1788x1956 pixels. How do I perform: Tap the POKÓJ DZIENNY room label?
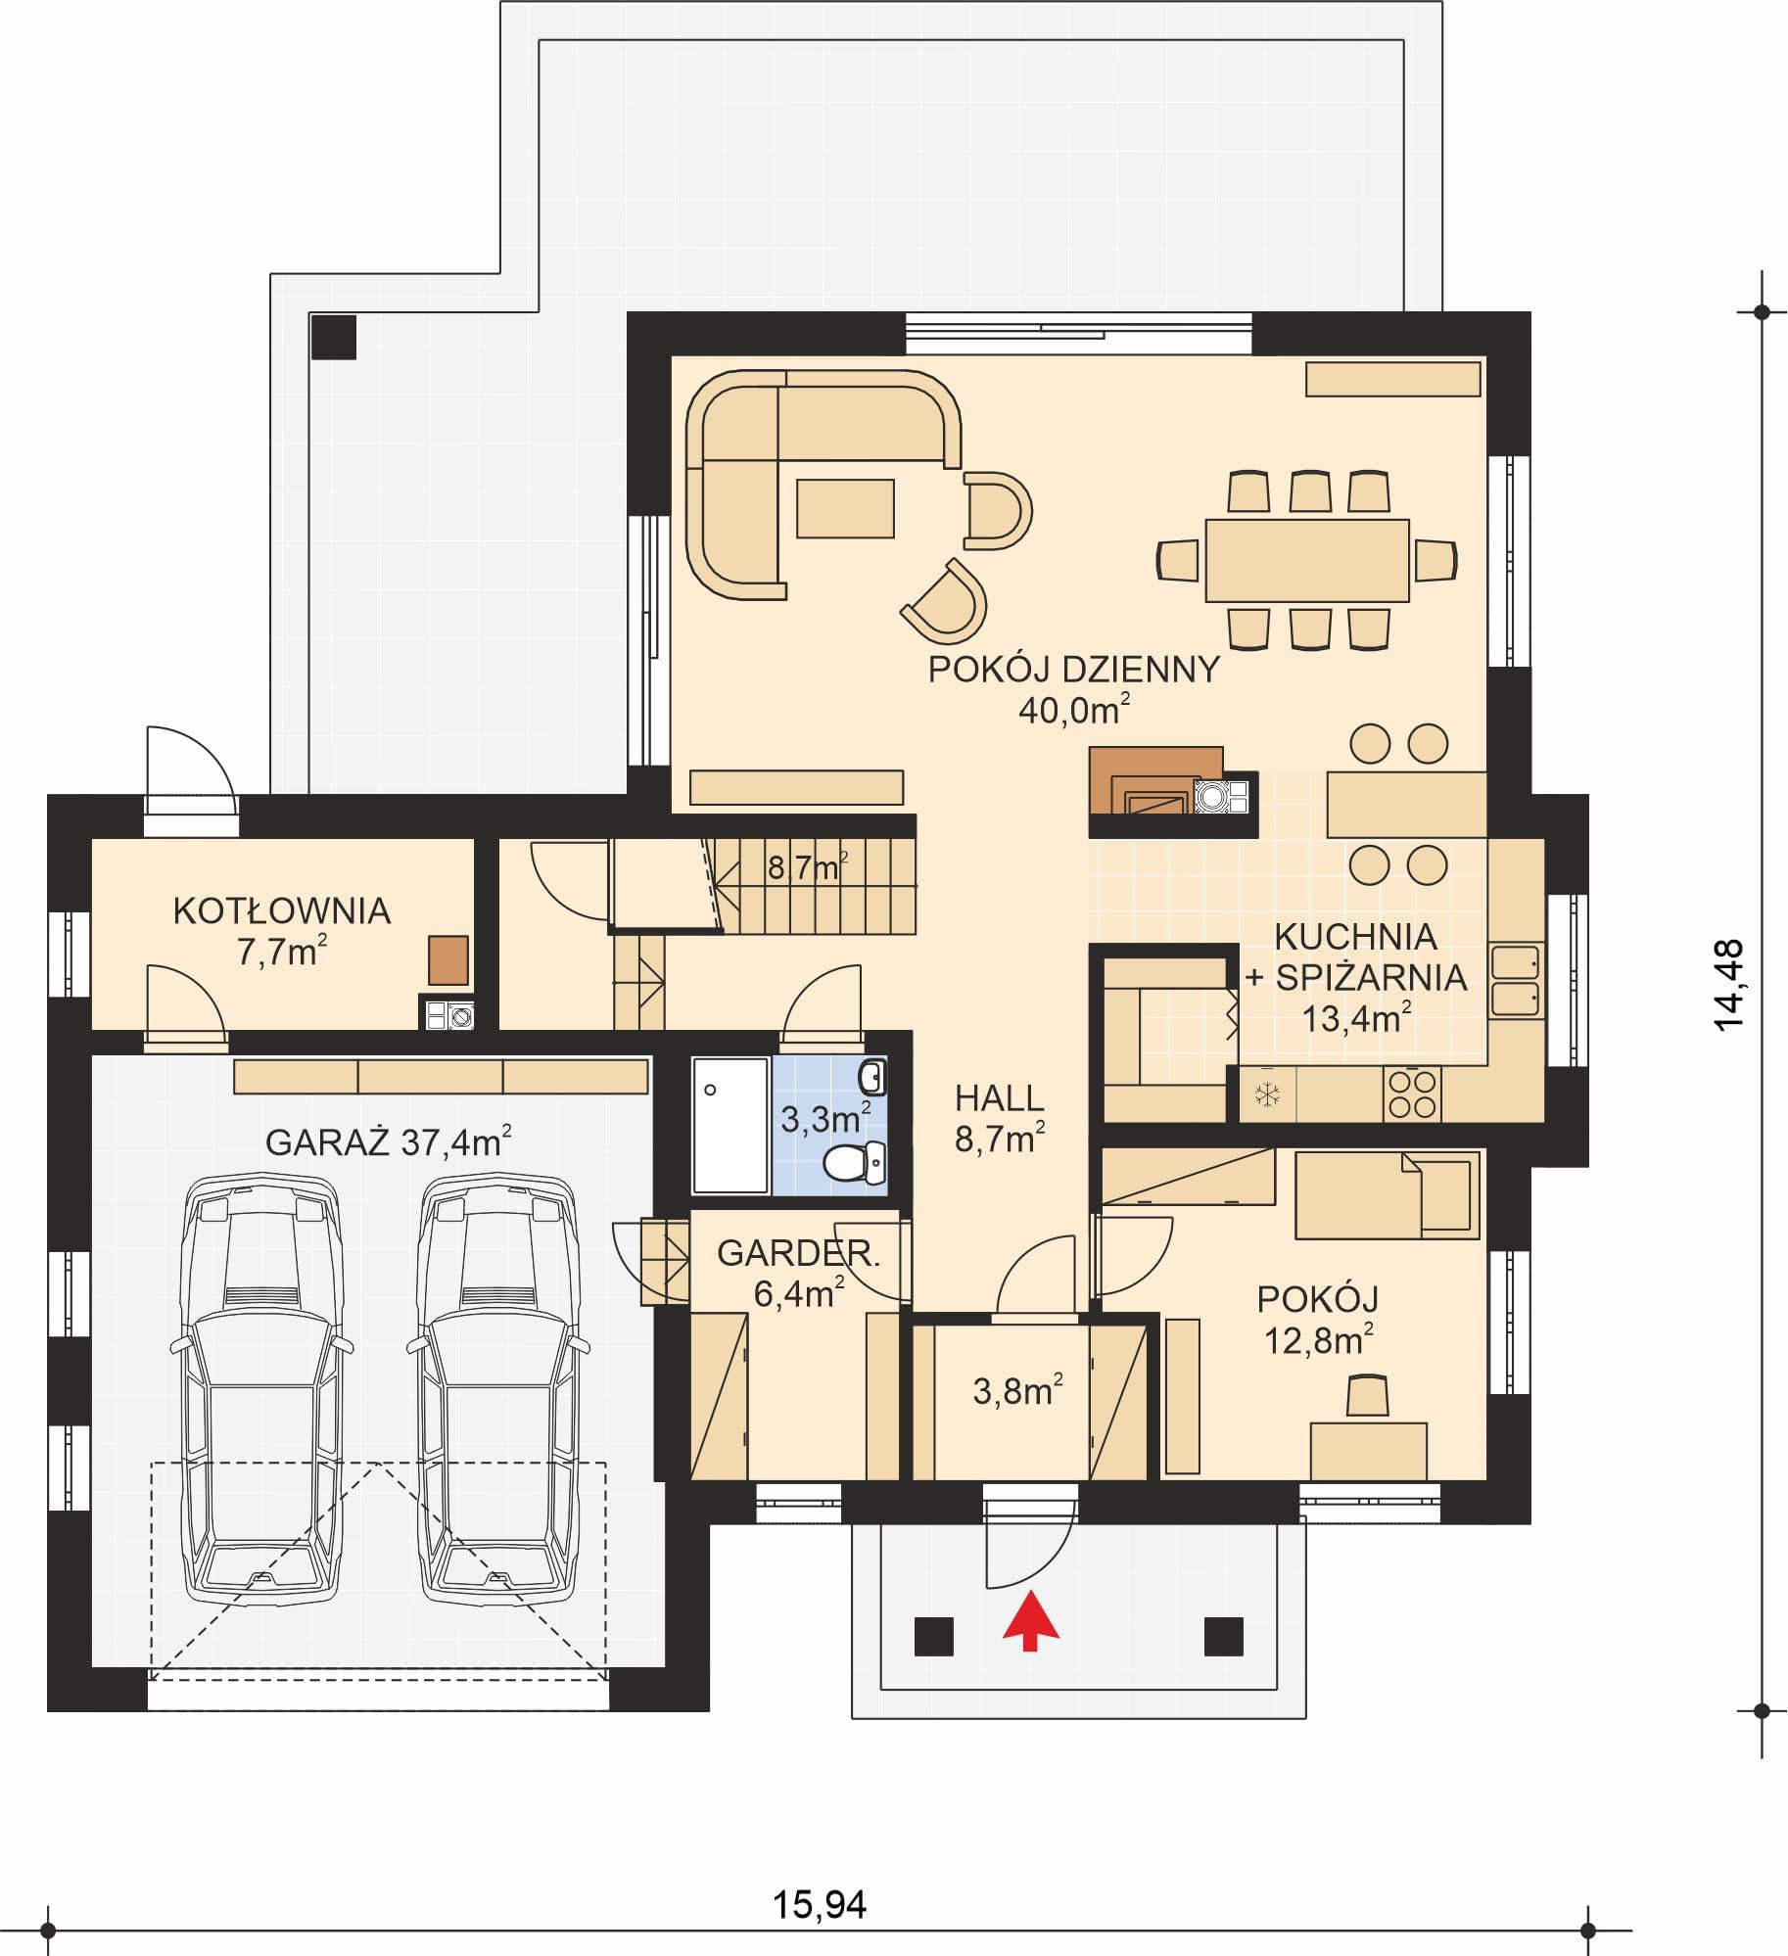(1073, 670)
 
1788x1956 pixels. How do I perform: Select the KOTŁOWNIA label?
(282, 911)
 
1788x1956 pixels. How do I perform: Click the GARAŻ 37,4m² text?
(388, 1141)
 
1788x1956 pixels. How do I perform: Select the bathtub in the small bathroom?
(730, 1125)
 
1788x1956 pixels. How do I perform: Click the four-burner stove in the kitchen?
(1412, 1094)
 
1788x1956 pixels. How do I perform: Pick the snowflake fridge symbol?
(1268, 1094)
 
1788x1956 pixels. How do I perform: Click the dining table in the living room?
(1307, 560)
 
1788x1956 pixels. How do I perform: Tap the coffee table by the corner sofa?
(845, 508)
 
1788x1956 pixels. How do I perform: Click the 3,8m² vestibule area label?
(1017, 1390)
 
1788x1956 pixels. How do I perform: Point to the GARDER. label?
(798, 1253)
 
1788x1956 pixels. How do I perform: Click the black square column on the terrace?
(333, 337)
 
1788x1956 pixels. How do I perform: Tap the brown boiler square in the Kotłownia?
(448, 960)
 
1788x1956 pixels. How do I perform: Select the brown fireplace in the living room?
(1155, 780)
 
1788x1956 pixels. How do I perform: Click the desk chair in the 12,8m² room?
(1367, 1396)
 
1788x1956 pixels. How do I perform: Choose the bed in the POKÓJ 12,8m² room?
(1387, 1195)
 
